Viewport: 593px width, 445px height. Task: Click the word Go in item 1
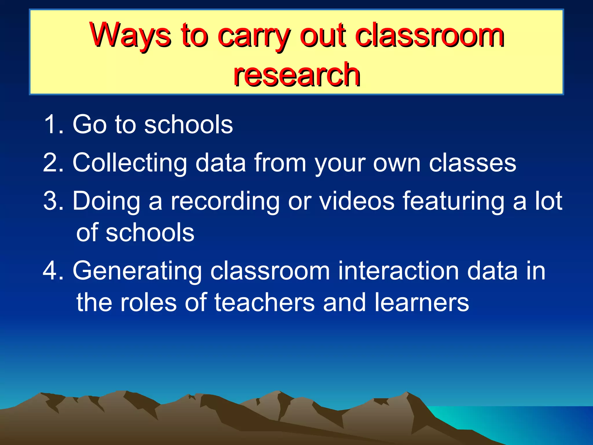pyautogui.click(x=89, y=124)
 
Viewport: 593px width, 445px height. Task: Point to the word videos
pyautogui.click(x=356, y=201)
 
